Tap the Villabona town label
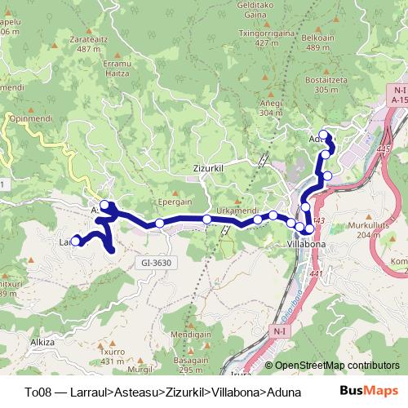(x=307, y=243)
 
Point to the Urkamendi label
(x=237, y=210)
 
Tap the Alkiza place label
(x=41, y=344)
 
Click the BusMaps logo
(x=367, y=391)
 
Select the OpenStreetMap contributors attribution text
(x=336, y=366)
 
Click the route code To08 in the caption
(x=38, y=392)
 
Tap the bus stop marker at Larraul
(x=76, y=241)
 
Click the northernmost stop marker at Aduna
(x=323, y=135)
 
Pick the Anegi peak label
(x=271, y=104)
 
